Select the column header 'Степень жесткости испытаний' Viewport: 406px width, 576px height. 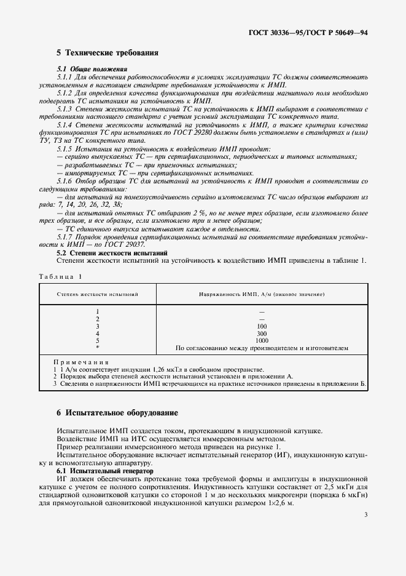(x=98, y=295)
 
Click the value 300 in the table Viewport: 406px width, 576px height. (x=262, y=333)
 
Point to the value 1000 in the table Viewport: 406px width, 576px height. (x=262, y=340)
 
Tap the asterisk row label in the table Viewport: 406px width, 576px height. (x=98, y=348)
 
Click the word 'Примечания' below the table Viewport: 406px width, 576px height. (x=81, y=363)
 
